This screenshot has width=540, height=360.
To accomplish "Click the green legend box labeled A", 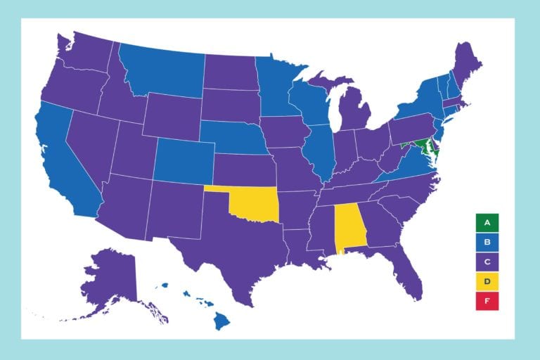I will (x=487, y=223).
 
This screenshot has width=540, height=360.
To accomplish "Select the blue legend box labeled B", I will (x=487, y=243).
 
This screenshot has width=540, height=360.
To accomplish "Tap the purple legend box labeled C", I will (x=487, y=262).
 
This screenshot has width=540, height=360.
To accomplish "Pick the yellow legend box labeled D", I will (x=487, y=282).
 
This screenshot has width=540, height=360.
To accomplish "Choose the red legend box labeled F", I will (x=487, y=302).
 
